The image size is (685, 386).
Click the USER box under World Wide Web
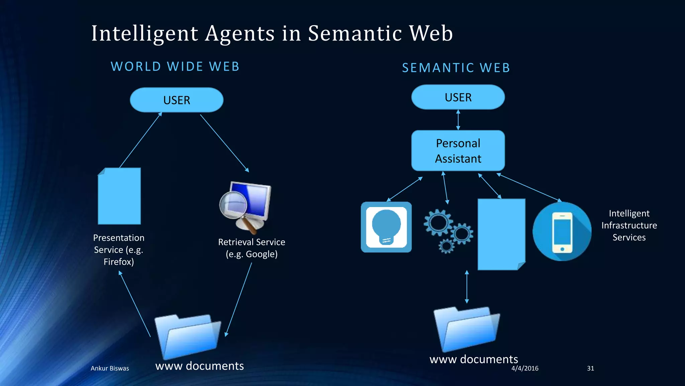pyautogui.click(x=177, y=100)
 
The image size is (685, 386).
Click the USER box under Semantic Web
pyautogui.click(x=458, y=97)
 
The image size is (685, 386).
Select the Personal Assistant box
pyautogui.click(x=458, y=151)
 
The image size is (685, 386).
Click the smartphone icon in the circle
pyautogui.click(x=562, y=232)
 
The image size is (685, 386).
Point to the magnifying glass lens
pyautogui.click(x=233, y=204)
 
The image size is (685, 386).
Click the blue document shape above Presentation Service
pyautogui.click(x=119, y=196)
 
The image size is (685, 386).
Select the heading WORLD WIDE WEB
pyautogui.click(x=175, y=66)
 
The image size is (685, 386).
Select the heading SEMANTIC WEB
pyautogui.click(x=456, y=68)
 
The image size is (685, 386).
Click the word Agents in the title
pyautogui.click(x=240, y=34)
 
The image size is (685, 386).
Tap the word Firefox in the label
pyautogui.click(x=119, y=262)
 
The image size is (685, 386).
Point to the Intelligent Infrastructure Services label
pyautogui.click(x=629, y=225)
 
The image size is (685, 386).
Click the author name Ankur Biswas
pyautogui.click(x=110, y=368)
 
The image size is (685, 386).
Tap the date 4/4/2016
pyautogui.click(x=525, y=368)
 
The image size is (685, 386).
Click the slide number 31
pyautogui.click(x=590, y=368)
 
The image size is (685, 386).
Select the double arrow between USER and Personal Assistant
pyautogui.click(x=458, y=120)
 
